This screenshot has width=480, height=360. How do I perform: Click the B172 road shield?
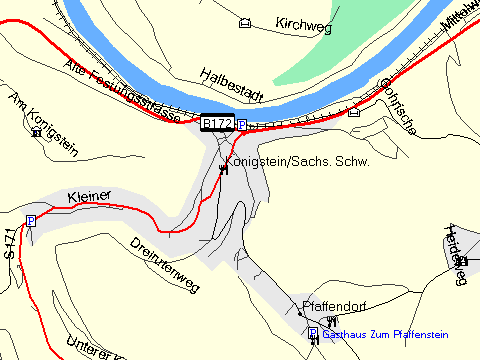point(217,123)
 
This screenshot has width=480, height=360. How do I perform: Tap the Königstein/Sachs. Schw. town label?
point(297,161)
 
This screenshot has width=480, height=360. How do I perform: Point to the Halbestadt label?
point(230,85)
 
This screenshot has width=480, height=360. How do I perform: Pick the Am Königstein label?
point(29,111)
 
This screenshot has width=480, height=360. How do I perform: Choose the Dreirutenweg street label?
point(166,264)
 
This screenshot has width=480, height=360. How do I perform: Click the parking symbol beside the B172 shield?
point(241,124)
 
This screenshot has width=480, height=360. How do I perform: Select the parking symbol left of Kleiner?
point(31,220)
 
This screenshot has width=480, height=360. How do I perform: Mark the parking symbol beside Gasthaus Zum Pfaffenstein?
point(312,332)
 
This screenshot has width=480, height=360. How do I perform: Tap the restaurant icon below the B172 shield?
point(223,169)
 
